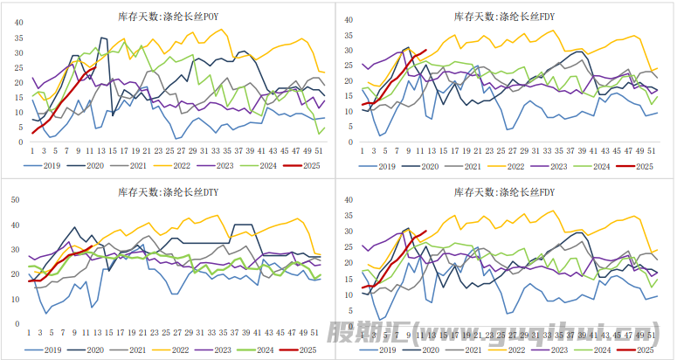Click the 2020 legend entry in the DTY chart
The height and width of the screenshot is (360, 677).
coord(95,350)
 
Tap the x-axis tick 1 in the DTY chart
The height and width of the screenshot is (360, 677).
coord(30,332)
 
